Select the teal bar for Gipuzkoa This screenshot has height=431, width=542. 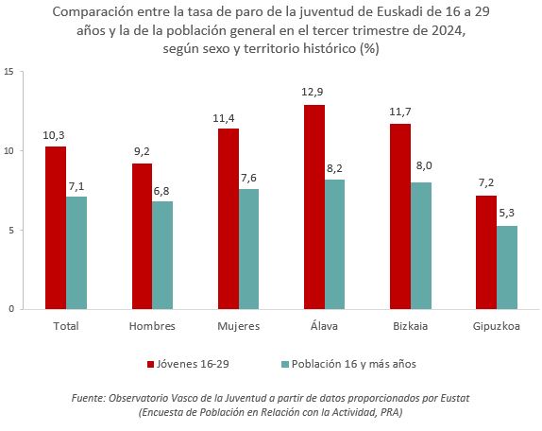pos(507,267)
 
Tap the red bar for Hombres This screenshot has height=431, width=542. pos(142,235)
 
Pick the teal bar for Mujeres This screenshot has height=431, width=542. pos(249,249)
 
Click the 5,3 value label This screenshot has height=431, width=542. pos(507,213)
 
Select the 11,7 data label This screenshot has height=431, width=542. pos(399,111)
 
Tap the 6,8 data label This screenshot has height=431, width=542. pos(163,189)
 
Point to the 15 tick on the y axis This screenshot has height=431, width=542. pos(8,72)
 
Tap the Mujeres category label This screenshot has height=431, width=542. pos(238,326)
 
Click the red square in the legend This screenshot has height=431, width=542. pos(150,364)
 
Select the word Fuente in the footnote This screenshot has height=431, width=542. pos(90,399)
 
